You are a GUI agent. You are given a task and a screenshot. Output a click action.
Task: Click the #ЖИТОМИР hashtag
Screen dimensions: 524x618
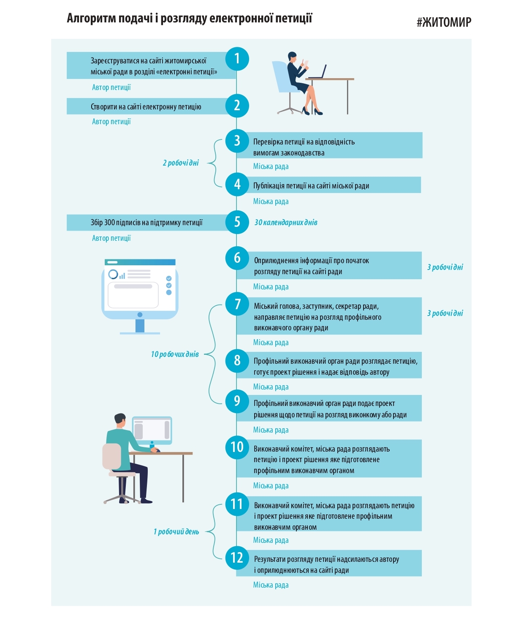pos(444,22)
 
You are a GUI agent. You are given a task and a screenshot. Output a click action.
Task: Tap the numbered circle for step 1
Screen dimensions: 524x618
pos(237,59)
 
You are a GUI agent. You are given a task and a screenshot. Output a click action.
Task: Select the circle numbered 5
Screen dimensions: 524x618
pos(237,222)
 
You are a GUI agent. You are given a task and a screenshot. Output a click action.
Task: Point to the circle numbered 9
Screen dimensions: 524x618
pos(237,401)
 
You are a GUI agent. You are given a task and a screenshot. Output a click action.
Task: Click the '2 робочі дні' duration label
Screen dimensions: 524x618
pos(181,163)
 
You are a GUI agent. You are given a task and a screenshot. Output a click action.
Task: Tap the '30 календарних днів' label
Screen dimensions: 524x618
pos(286,223)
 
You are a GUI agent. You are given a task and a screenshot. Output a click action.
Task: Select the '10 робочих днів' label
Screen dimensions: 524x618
pos(175,354)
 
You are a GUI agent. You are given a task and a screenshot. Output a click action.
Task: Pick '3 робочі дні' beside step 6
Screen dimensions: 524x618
pos(445,267)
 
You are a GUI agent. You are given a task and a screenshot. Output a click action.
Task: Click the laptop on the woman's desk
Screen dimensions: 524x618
pos(318,72)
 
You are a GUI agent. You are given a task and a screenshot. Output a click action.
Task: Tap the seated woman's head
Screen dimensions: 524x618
pos(292,57)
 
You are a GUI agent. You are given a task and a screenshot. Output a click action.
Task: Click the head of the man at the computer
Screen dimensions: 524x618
pos(120,420)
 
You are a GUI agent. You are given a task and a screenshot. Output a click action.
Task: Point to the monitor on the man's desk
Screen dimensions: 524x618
pos(152,429)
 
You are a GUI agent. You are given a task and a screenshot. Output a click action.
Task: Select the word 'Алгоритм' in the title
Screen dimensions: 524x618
pos(91,18)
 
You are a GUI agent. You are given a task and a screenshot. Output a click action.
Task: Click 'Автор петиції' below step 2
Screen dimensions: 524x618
pos(111,122)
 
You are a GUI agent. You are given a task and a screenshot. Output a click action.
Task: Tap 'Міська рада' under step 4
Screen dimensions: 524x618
pos(271,201)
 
